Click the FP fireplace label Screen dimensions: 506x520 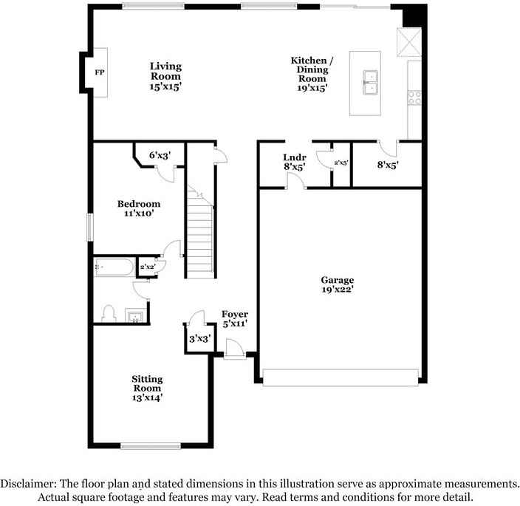pyautogui.click(x=98, y=73)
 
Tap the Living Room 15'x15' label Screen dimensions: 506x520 pyautogui.click(x=165, y=76)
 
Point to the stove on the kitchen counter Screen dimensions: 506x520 pyautogui.click(x=414, y=95)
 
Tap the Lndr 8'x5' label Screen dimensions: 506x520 pyautogui.click(x=294, y=163)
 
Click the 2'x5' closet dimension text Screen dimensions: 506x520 pyautogui.click(x=341, y=162)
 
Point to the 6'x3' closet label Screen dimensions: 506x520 pyautogui.click(x=160, y=155)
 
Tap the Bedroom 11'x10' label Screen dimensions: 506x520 pyautogui.click(x=138, y=208)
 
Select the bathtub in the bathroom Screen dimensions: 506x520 pyautogui.click(x=114, y=267)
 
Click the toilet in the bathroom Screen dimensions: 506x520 pyautogui.click(x=109, y=312)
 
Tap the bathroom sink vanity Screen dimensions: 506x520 pyautogui.click(x=136, y=316)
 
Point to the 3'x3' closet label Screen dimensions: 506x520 pyautogui.click(x=199, y=338)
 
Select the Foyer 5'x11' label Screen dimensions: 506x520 pyautogui.click(x=235, y=318)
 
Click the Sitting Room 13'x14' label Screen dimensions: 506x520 pyautogui.click(x=147, y=388)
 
